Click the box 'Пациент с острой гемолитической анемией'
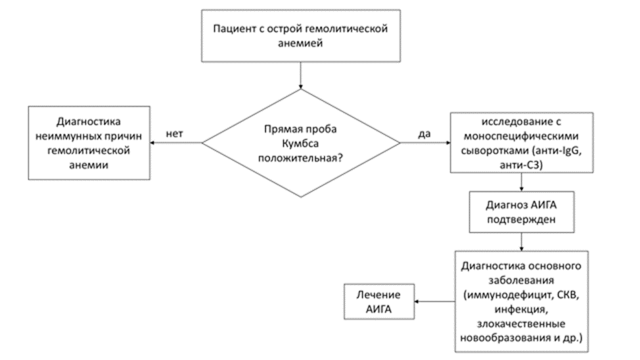(x=301, y=36)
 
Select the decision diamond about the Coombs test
(x=301, y=143)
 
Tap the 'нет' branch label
(x=174, y=134)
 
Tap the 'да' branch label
(x=424, y=134)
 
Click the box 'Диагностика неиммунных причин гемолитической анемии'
(x=89, y=143)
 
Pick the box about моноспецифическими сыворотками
(x=522, y=143)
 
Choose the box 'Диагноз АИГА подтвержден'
(x=522, y=212)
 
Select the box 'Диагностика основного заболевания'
(x=522, y=302)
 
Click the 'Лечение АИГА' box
(x=379, y=302)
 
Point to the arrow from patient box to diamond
(x=301, y=76)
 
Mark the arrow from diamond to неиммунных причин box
(x=176, y=143)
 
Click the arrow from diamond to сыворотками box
(x=425, y=143)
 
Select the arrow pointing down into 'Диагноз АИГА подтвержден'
(x=522, y=182)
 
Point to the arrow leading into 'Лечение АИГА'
(x=435, y=302)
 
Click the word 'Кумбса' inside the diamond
(x=300, y=144)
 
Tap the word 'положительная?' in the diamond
(x=300, y=158)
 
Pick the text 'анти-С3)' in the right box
(x=521, y=166)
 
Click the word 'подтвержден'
(x=521, y=219)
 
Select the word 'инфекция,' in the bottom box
(x=521, y=309)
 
